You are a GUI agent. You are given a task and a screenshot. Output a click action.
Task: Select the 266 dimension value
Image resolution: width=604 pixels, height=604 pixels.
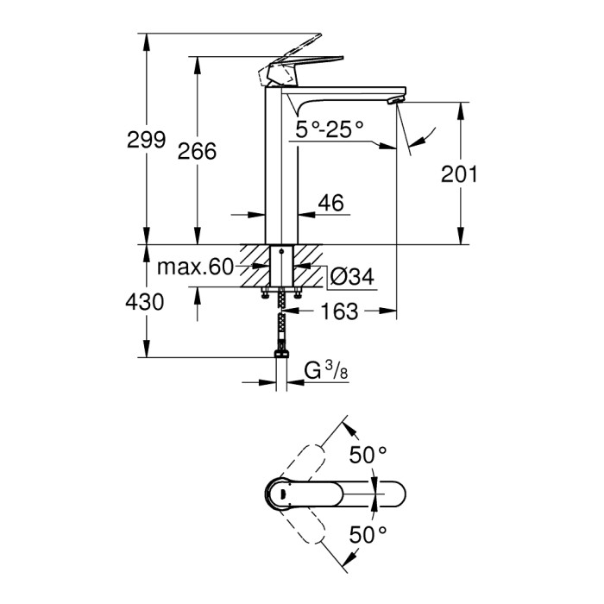pyautogui.click(x=197, y=151)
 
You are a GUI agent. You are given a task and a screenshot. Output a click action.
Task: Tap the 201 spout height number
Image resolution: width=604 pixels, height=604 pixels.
pyautogui.click(x=459, y=173)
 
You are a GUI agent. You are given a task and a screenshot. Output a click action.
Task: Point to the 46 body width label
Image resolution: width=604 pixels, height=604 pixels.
pyautogui.click(x=330, y=204)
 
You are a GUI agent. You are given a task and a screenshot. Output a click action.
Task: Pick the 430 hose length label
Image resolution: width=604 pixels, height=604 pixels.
pyautogui.click(x=144, y=302)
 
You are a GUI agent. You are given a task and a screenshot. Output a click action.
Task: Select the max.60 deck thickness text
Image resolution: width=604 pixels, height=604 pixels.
pyautogui.click(x=195, y=267)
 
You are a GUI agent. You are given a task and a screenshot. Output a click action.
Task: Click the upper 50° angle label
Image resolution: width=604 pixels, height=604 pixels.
pyautogui.click(x=368, y=456)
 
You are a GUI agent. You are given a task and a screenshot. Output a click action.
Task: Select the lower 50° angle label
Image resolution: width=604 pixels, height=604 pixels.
pyautogui.click(x=368, y=535)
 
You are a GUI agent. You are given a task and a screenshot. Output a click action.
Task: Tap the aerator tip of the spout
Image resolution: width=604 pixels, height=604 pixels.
pyautogui.click(x=395, y=100)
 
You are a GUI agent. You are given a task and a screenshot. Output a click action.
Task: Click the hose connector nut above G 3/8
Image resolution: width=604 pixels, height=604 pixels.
pyautogui.click(x=281, y=354)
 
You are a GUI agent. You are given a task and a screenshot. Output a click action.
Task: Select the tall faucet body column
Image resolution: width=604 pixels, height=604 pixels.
pyautogui.click(x=281, y=164)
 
